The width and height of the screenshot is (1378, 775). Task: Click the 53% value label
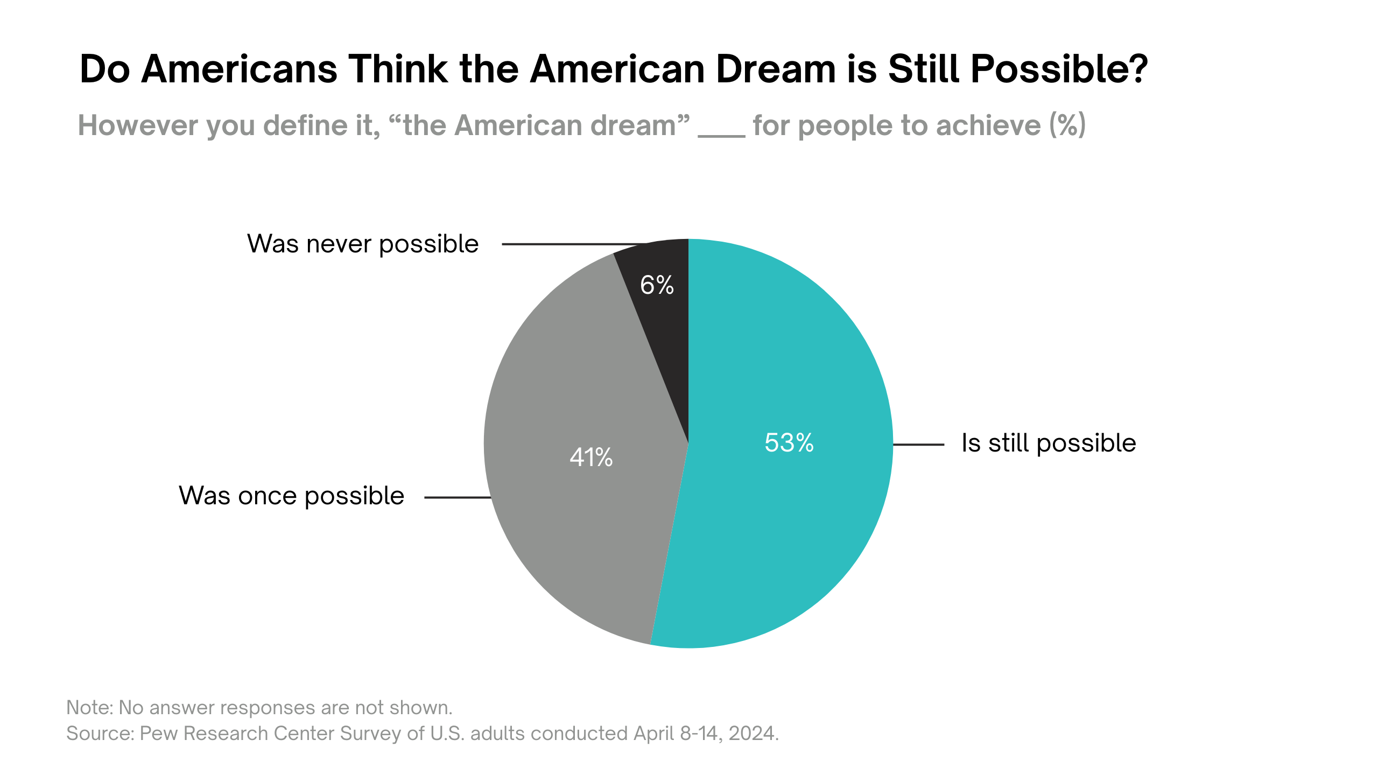click(x=789, y=443)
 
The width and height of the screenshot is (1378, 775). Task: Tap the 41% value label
click(x=591, y=457)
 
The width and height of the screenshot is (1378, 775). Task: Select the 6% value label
click(x=657, y=285)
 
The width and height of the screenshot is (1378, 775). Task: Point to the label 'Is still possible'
click(x=1048, y=443)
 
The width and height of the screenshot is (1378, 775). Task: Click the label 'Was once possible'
click(x=291, y=496)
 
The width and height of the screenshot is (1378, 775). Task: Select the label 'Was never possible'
click(x=363, y=244)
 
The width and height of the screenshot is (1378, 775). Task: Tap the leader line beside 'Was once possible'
click(x=457, y=497)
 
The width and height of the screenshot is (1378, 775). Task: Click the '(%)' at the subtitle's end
click(x=1067, y=125)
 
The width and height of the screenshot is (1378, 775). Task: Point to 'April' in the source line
click(x=653, y=733)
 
